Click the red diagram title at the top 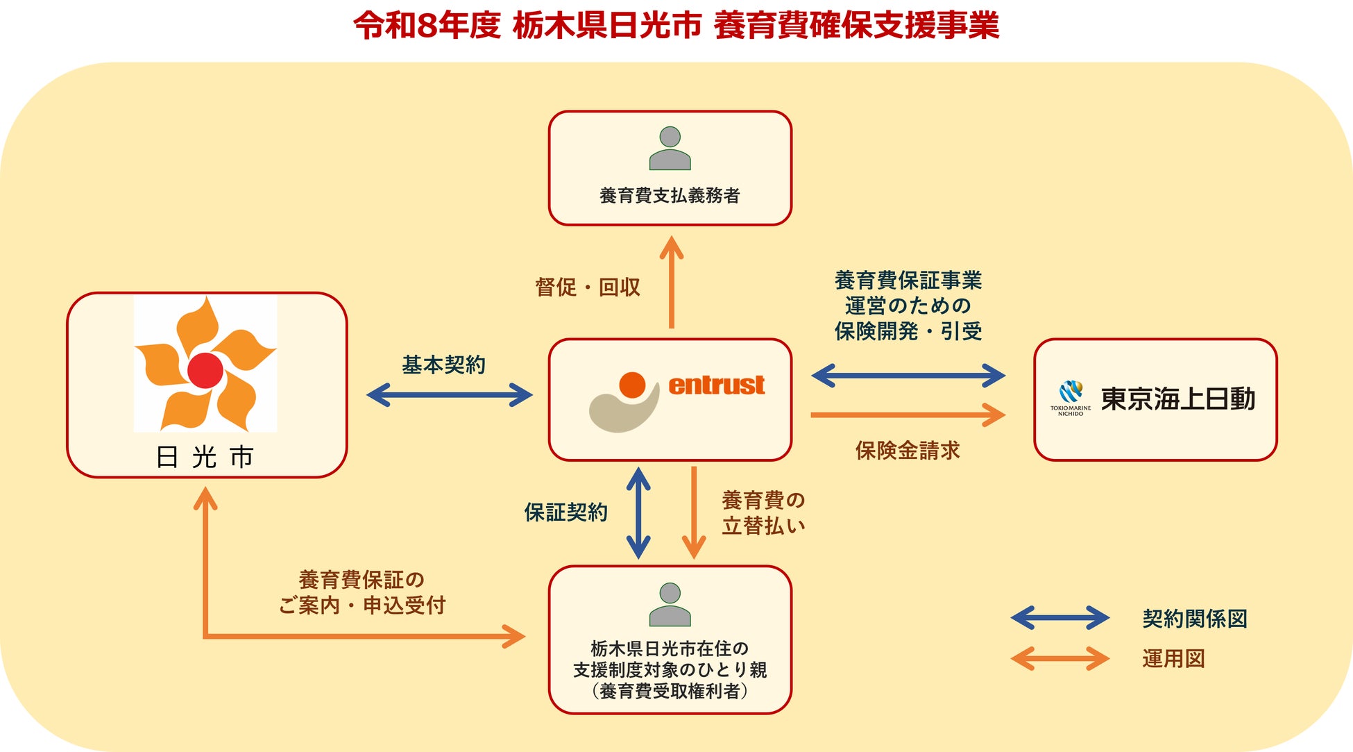tap(676, 26)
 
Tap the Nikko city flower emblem tap(205, 364)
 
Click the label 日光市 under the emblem tap(205, 457)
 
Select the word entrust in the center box tap(716, 385)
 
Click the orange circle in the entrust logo tap(632, 385)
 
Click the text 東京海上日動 tap(1178, 399)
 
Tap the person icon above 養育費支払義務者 tap(670, 148)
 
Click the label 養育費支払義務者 tap(670, 196)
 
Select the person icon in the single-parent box tap(670, 604)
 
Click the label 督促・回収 tap(588, 287)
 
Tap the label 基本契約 tap(444, 365)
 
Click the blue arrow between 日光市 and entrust tap(450, 395)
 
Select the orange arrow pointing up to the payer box tap(671, 282)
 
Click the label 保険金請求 tap(908, 451)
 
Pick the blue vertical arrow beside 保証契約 tap(638, 513)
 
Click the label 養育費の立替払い tap(763, 513)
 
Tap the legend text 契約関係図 tap(1195, 619)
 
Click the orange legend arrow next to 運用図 tap(1060, 658)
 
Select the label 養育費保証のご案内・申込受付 tap(361, 592)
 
